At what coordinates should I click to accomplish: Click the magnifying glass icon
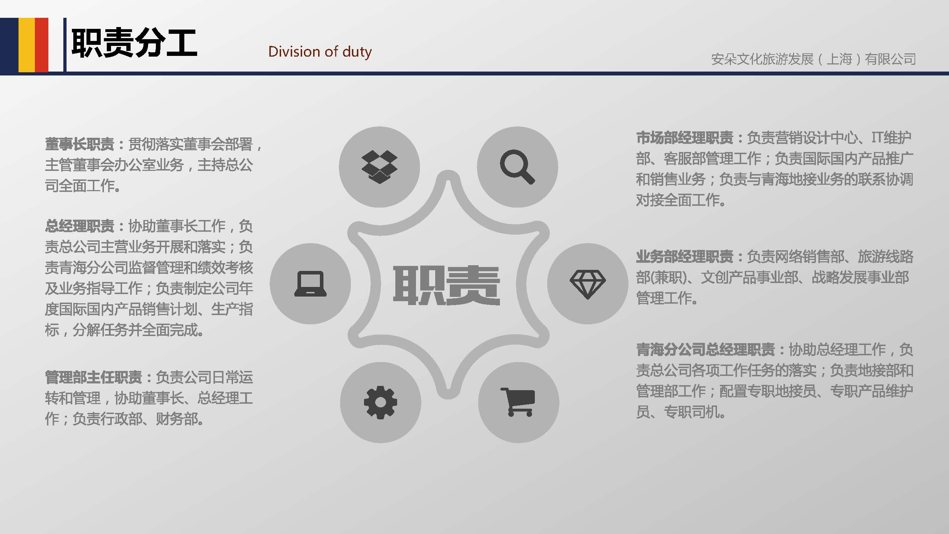point(517,167)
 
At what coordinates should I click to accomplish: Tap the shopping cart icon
point(518,402)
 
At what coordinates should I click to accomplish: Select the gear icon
point(380,402)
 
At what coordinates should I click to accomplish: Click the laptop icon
point(310,283)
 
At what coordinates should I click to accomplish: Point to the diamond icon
point(587,284)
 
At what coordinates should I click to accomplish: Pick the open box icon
point(379,167)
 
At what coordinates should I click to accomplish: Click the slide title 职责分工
point(134,43)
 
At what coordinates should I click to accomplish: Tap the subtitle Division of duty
point(320,52)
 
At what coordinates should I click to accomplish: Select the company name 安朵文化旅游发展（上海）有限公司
point(813,59)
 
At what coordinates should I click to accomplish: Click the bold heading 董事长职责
point(80,144)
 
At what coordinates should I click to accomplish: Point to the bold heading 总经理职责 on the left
point(80,226)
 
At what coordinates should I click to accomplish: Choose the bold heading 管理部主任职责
point(94,377)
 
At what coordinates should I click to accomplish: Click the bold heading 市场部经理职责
point(685,138)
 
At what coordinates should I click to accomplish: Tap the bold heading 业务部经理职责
point(685,256)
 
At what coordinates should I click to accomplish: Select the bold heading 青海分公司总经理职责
point(706,349)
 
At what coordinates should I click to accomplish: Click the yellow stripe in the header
point(27,44)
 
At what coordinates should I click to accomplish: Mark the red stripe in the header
point(42,44)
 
